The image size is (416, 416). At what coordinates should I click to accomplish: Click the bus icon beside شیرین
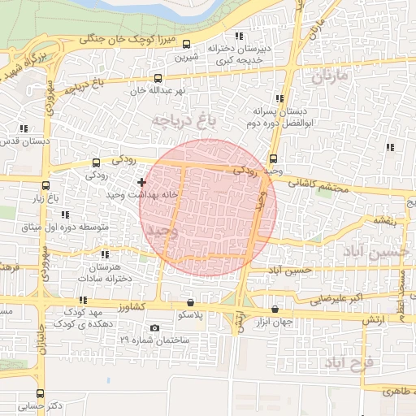pyautogui.click(x=188, y=45)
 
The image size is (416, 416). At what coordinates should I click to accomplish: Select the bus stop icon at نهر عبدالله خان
pyautogui.click(x=158, y=79)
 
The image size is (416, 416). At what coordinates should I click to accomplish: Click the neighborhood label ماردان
pyautogui.click(x=328, y=77)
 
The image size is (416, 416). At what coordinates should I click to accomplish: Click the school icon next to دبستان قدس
pyautogui.click(x=24, y=128)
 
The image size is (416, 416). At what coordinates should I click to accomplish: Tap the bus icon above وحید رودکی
pyautogui.click(x=273, y=158)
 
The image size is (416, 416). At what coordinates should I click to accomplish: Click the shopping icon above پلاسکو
pyautogui.click(x=190, y=301)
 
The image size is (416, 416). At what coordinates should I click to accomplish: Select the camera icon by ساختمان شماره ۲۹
pyautogui.click(x=155, y=327)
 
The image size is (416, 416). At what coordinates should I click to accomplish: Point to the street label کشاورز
pyautogui.click(x=130, y=307)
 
